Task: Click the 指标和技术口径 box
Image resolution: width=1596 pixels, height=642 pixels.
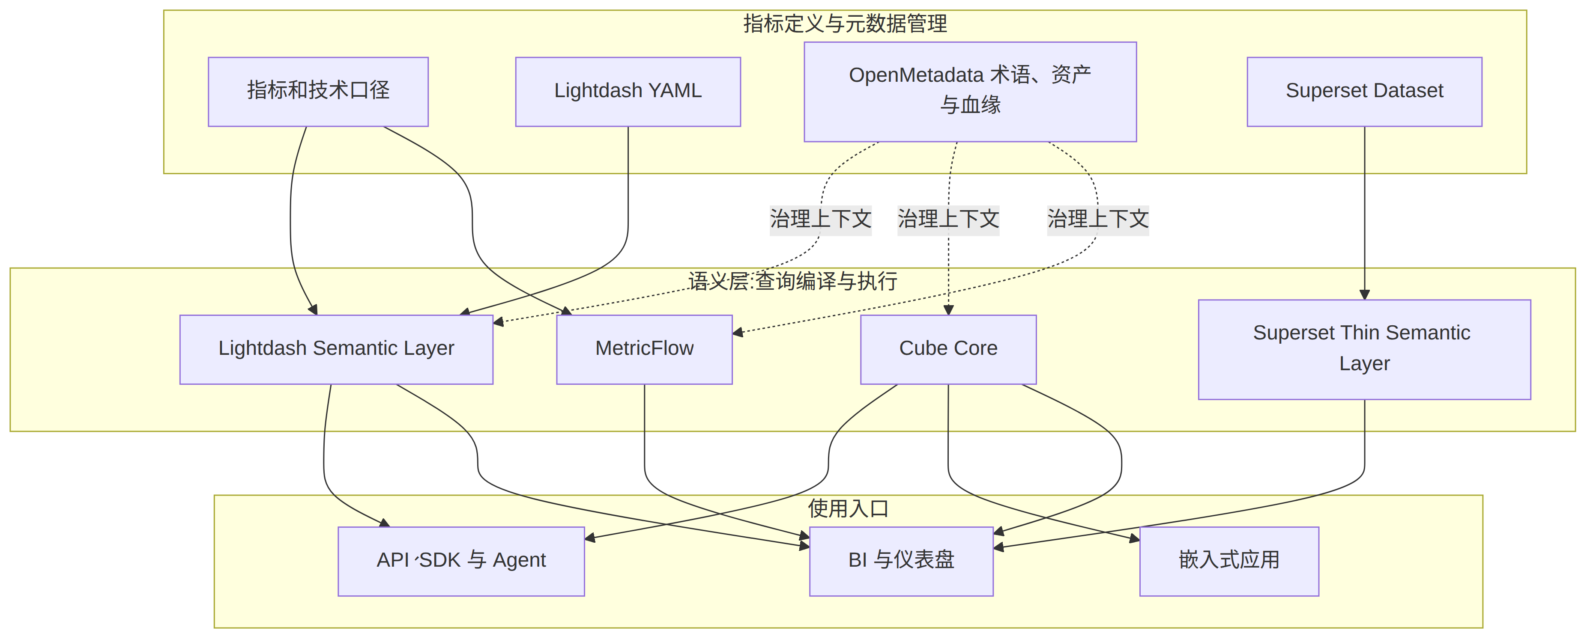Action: [318, 92]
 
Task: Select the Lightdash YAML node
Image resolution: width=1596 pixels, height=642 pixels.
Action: [628, 92]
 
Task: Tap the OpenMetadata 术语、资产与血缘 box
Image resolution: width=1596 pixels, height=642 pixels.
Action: [970, 92]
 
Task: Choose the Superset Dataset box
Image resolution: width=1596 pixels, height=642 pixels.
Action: [1364, 92]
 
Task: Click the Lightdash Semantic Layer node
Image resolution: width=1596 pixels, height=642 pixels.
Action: [336, 349]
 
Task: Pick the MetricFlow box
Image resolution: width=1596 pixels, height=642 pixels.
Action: [644, 349]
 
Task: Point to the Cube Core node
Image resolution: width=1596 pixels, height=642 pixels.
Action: [948, 349]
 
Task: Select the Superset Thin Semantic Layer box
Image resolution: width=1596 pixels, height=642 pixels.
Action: [1364, 349]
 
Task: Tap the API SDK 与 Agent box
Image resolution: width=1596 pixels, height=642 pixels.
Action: [461, 561]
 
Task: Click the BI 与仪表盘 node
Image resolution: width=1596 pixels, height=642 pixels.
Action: [901, 561]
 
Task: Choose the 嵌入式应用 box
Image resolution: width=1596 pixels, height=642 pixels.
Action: [1229, 561]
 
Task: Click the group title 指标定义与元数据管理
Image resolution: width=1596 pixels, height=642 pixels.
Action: [845, 24]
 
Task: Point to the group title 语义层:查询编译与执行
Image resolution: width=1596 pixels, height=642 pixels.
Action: [792, 281]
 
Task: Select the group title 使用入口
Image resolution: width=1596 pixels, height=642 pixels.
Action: [848, 508]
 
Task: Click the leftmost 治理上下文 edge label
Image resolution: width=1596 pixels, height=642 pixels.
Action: [820, 219]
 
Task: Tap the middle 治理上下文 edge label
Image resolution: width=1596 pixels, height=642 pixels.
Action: [948, 219]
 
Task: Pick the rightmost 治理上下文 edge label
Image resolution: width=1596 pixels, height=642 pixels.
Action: [1098, 219]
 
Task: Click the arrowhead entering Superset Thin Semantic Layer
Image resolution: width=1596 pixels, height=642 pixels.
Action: [1364, 295]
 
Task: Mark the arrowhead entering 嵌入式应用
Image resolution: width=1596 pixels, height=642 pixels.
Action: [1134, 538]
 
